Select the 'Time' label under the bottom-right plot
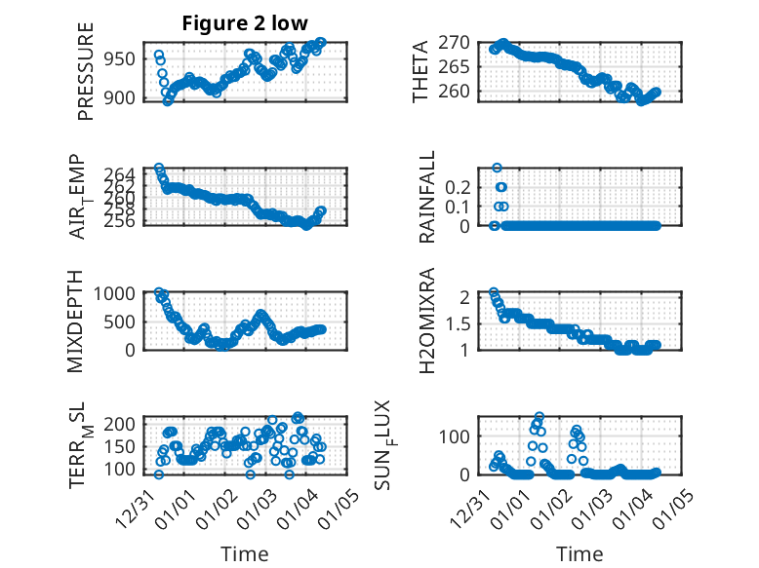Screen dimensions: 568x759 579,553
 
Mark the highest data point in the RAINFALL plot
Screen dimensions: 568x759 497,168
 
